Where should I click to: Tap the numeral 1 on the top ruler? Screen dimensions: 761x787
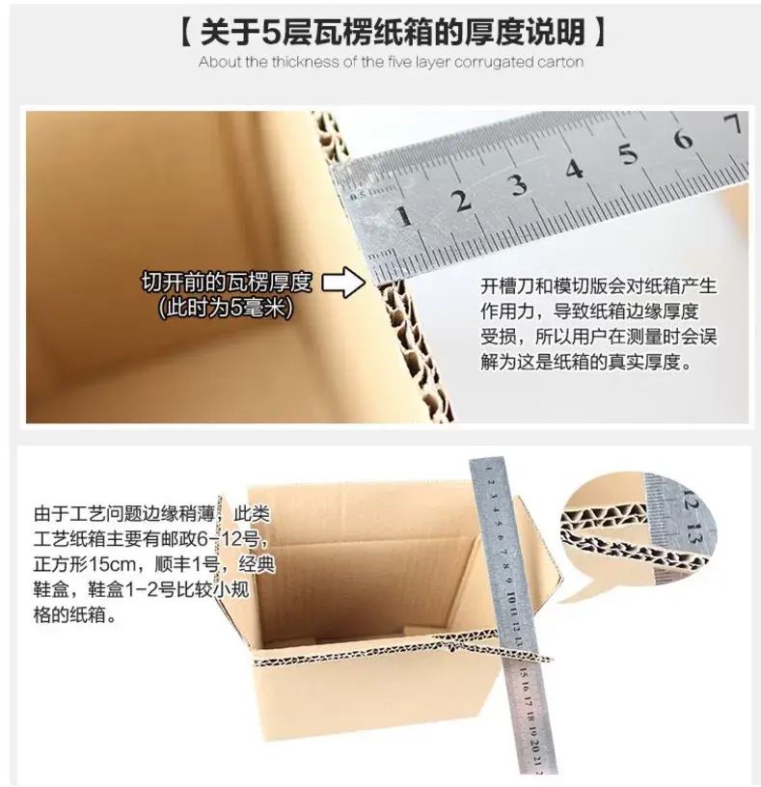click(403, 216)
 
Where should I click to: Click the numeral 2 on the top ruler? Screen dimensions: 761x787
click(461, 201)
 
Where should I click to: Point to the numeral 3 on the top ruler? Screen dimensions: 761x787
click(519, 184)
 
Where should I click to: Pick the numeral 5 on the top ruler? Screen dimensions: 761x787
click(628, 153)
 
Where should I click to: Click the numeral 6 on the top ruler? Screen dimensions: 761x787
click(682, 138)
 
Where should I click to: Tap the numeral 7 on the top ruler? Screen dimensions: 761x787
click(733, 123)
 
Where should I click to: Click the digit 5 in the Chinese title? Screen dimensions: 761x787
click(271, 33)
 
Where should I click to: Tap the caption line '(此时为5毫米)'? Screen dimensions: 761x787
click(226, 307)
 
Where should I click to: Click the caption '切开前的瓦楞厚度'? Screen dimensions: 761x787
click(227, 283)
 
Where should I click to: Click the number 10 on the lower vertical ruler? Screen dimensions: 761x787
click(510, 598)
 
